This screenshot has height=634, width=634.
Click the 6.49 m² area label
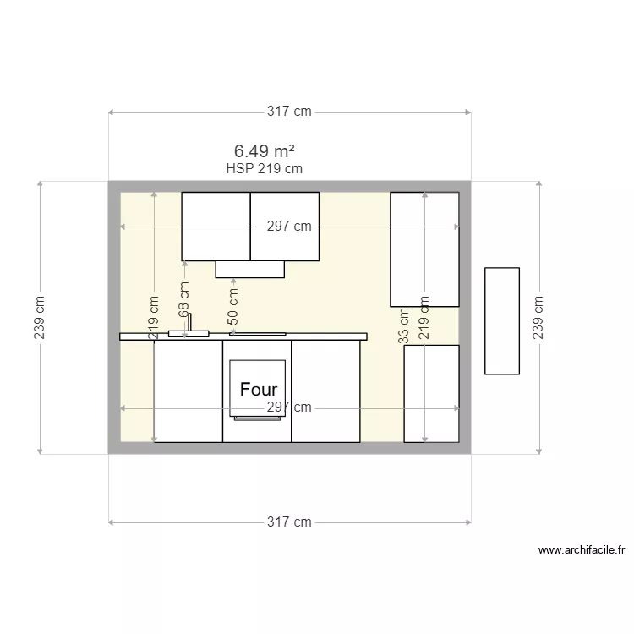(264, 151)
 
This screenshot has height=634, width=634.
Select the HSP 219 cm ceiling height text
(264, 168)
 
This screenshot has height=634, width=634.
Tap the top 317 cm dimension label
(289, 112)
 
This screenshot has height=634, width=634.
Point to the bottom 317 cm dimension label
(289, 522)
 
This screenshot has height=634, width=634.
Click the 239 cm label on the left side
(40, 317)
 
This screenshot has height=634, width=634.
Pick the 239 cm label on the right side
(538, 317)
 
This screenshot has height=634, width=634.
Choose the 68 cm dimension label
(184, 300)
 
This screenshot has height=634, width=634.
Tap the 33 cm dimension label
(404, 324)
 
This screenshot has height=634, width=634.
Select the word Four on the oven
(258, 390)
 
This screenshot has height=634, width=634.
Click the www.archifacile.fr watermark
(582, 550)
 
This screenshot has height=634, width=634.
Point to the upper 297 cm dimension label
(289, 227)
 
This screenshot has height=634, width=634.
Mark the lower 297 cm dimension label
(289, 407)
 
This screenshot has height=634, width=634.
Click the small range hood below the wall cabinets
(249, 269)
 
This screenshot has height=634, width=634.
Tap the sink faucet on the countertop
(189, 324)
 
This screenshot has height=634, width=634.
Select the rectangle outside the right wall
(501, 320)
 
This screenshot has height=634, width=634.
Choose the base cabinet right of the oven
(325, 391)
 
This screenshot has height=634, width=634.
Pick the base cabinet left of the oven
(188, 391)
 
